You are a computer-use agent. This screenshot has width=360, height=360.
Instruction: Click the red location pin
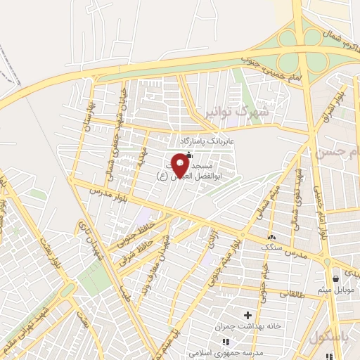[180, 166]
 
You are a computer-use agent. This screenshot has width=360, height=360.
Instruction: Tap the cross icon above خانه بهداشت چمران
[247, 314]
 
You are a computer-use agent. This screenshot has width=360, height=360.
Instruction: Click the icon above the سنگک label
[271, 237]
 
